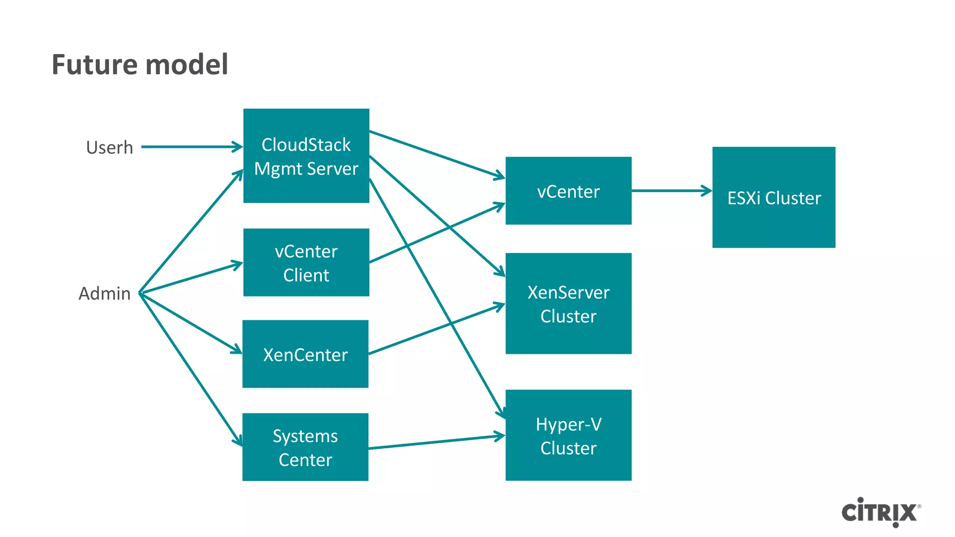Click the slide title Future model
pyautogui.click(x=140, y=64)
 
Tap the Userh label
pyautogui.click(x=110, y=147)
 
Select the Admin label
pyautogui.click(x=104, y=294)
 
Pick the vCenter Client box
pyautogui.click(x=306, y=262)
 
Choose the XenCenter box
pyautogui.click(x=305, y=354)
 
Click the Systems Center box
pyautogui.click(x=305, y=447)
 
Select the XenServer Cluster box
pyautogui.click(x=568, y=303)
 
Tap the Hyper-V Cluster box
pyautogui.click(x=568, y=435)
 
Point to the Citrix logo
pyautogui.click(x=880, y=512)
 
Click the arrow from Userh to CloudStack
pyautogui.click(x=191, y=147)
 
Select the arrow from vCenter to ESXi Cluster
pyautogui.click(x=671, y=191)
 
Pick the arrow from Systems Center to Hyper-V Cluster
pyautogui.click(x=436, y=442)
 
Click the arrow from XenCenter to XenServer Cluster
pyautogui.click(x=436, y=329)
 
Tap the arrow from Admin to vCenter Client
pyautogui.click(x=191, y=278)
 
